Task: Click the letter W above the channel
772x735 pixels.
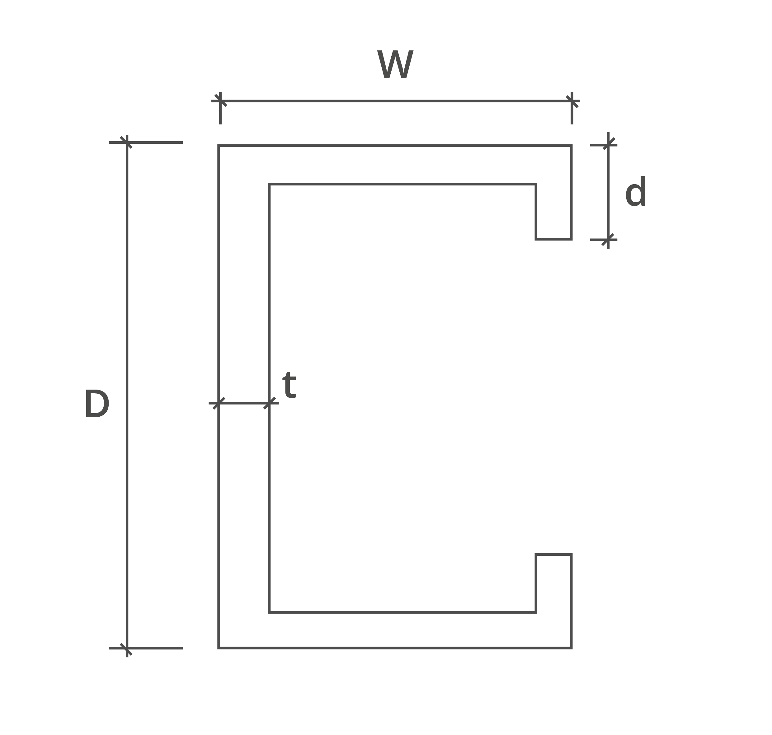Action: [395, 64]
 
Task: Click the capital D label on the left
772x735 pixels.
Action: [97, 404]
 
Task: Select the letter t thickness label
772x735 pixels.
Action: [289, 385]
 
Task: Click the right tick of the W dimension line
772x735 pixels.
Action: [572, 101]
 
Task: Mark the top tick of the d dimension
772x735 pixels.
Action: [608, 145]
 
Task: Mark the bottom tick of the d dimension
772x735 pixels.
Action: [608, 240]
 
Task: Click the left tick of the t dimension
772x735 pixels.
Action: [219, 403]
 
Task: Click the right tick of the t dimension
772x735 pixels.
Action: [269, 403]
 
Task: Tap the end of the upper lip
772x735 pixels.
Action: [553, 239]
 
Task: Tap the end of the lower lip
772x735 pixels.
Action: [553, 555]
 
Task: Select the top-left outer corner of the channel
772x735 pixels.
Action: [219, 145]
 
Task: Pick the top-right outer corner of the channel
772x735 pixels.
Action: [571, 145]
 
